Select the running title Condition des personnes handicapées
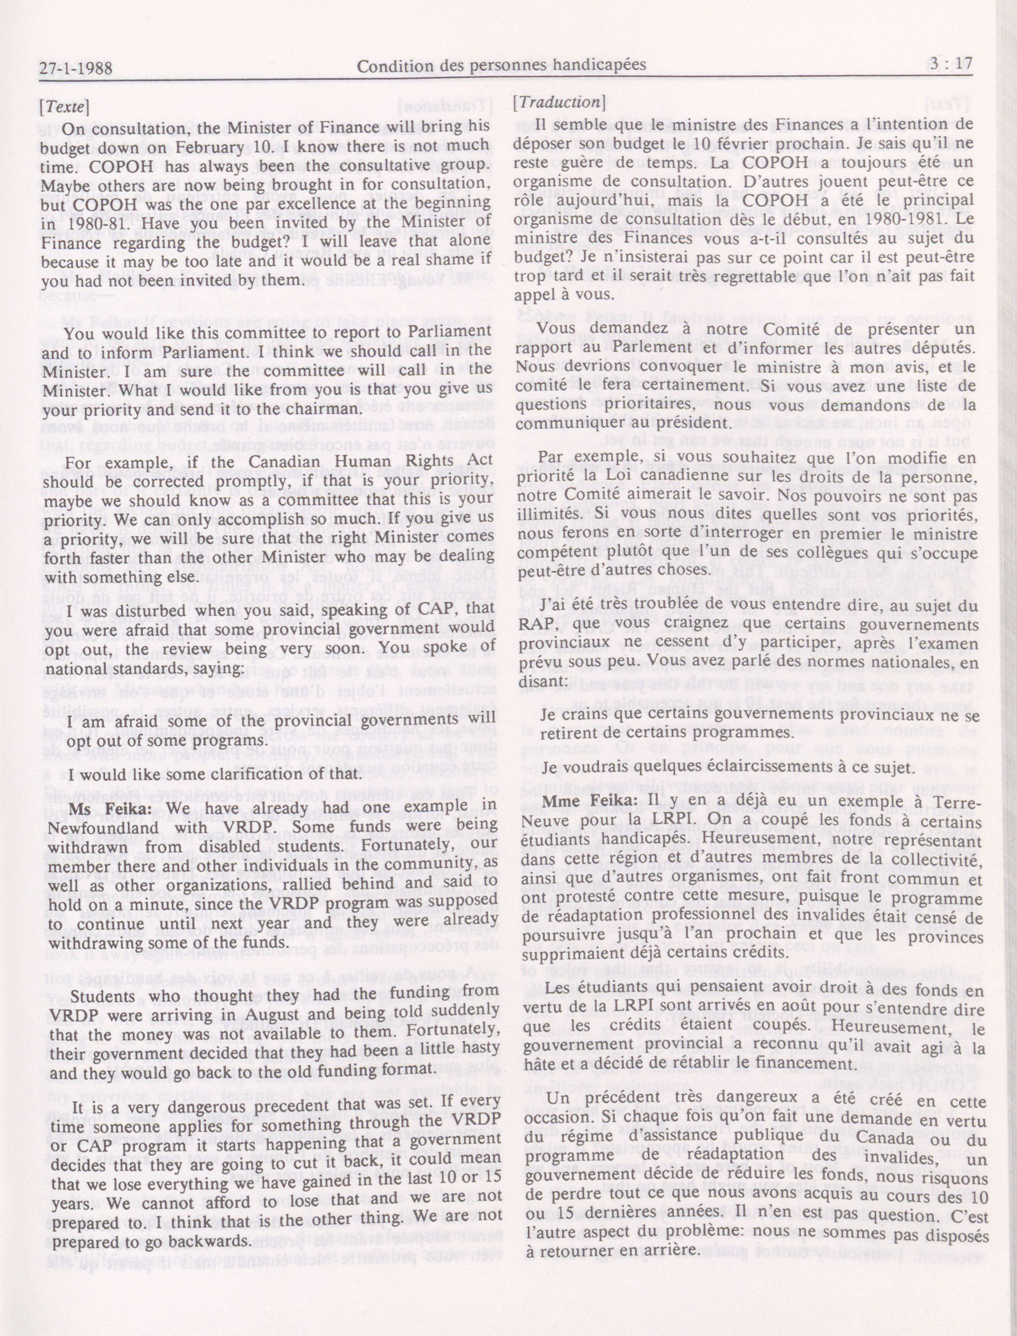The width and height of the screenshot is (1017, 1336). [501, 66]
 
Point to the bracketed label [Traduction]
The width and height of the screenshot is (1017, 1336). [559, 102]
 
